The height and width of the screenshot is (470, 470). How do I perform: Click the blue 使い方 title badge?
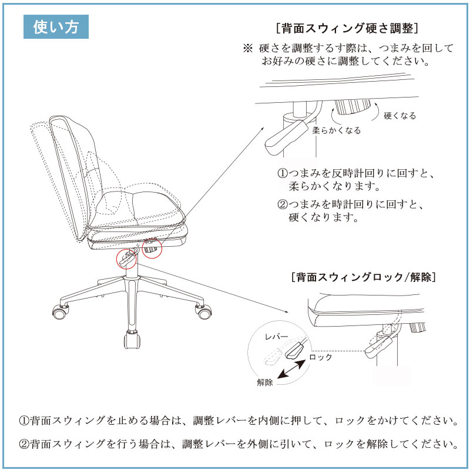pos(56,26)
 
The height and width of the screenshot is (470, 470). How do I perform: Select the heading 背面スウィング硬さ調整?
pos(347,28)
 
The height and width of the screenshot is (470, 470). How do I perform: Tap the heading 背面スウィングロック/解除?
pos(364,277)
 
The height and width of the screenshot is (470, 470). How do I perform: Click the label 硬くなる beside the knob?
pos(400,116)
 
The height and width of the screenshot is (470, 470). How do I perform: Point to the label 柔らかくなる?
pos(336,130)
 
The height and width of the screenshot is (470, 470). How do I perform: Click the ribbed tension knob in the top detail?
pos(352,107)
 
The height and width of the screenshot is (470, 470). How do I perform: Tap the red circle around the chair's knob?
pos(152,247)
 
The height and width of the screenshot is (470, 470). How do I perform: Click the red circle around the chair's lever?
pos(127,258)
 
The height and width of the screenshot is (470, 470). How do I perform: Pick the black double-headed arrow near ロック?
pos(291,370)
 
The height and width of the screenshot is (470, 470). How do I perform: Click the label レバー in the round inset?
pos(276,337)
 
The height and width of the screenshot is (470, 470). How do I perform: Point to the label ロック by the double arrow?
pos(320,357)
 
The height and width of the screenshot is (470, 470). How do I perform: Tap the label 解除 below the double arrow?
pos(265,382)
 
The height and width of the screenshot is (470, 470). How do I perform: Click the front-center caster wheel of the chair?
pos(132,340)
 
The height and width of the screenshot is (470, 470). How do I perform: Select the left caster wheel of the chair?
pos(61,312)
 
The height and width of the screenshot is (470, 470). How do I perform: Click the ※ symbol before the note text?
pos(247,48)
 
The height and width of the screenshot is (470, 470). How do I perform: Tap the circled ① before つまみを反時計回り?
pos(283,173)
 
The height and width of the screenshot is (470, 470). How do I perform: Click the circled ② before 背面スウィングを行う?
pos(24,444)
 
